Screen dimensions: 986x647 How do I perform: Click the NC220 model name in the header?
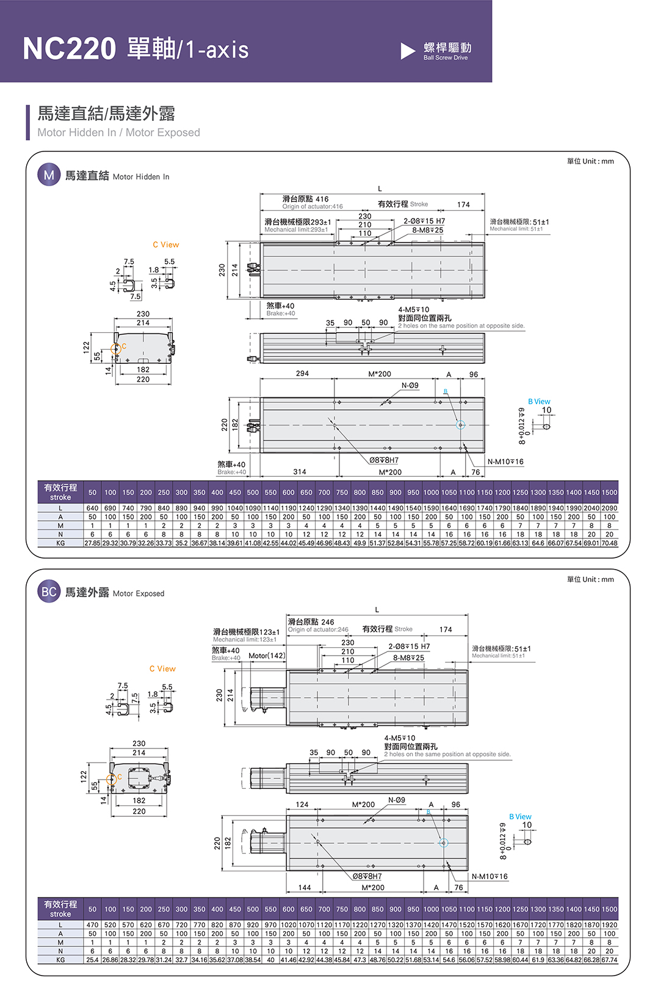(x=69, y=48)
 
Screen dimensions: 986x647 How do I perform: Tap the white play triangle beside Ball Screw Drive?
(x=408, y=51)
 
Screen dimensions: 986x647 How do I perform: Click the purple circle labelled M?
(x=49, y=175)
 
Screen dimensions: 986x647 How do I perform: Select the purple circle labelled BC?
(x=49, y=592)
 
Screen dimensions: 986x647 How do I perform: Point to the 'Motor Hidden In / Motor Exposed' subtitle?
(x=118, y=132)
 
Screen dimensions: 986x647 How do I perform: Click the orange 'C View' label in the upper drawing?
(x=166, y=245)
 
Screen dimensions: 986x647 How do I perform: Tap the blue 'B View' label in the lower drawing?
(x=520, y=817)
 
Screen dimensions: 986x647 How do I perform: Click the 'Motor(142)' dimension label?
(x=267, y=656)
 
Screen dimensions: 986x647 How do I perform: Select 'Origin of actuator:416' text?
(x=313, y=207)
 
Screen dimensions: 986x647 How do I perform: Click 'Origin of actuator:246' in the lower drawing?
(x=318, y=629)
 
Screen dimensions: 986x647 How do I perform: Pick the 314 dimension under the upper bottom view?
(x=300, y=472)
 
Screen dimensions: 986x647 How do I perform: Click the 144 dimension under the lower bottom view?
(x=305, y=888)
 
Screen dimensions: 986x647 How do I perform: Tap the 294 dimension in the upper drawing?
(x=302, y=374)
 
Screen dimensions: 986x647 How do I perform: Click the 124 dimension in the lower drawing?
(x=302, y=805)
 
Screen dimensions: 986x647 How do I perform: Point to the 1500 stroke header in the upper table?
(x=609, y=493)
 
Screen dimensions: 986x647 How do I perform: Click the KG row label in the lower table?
(x=60, y=960)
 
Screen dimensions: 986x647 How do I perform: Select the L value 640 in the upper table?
(x=92, y=508)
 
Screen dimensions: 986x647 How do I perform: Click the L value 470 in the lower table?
(x=92, y=925)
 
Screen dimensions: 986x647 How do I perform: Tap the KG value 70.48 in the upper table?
(x=609, y=543)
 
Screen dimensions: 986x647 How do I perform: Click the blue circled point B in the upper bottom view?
(x=461, y=425)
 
